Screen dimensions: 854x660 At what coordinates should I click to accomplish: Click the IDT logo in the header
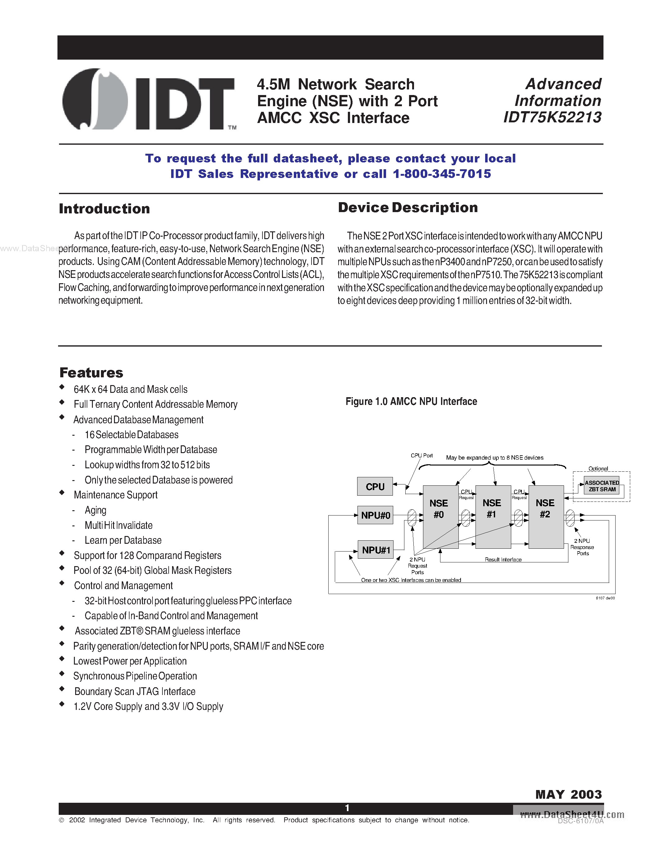pos(148,100)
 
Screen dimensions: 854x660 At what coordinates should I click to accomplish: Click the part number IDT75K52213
pos(552,117)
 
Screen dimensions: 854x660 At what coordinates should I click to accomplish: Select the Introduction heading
pos(104,209)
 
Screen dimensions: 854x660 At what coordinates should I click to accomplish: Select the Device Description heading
pos(407,208)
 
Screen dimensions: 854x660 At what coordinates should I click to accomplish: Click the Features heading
pos(91,373)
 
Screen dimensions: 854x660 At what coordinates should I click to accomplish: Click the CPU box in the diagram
pos(375,486)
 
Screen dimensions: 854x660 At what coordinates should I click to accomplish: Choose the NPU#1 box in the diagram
pos(376,550)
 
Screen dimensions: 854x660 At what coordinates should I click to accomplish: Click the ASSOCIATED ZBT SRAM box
pos(601,486)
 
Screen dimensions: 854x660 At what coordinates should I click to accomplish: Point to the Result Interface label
pos(503,560)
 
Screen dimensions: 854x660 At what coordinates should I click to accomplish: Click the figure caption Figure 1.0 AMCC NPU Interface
pos(411,402)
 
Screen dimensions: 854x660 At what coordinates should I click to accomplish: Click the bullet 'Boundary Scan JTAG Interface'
pos(134,691)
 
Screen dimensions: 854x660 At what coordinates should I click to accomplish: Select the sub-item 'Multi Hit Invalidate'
pos(118,525)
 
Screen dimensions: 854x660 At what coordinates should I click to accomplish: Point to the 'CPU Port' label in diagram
pos(421,456)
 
